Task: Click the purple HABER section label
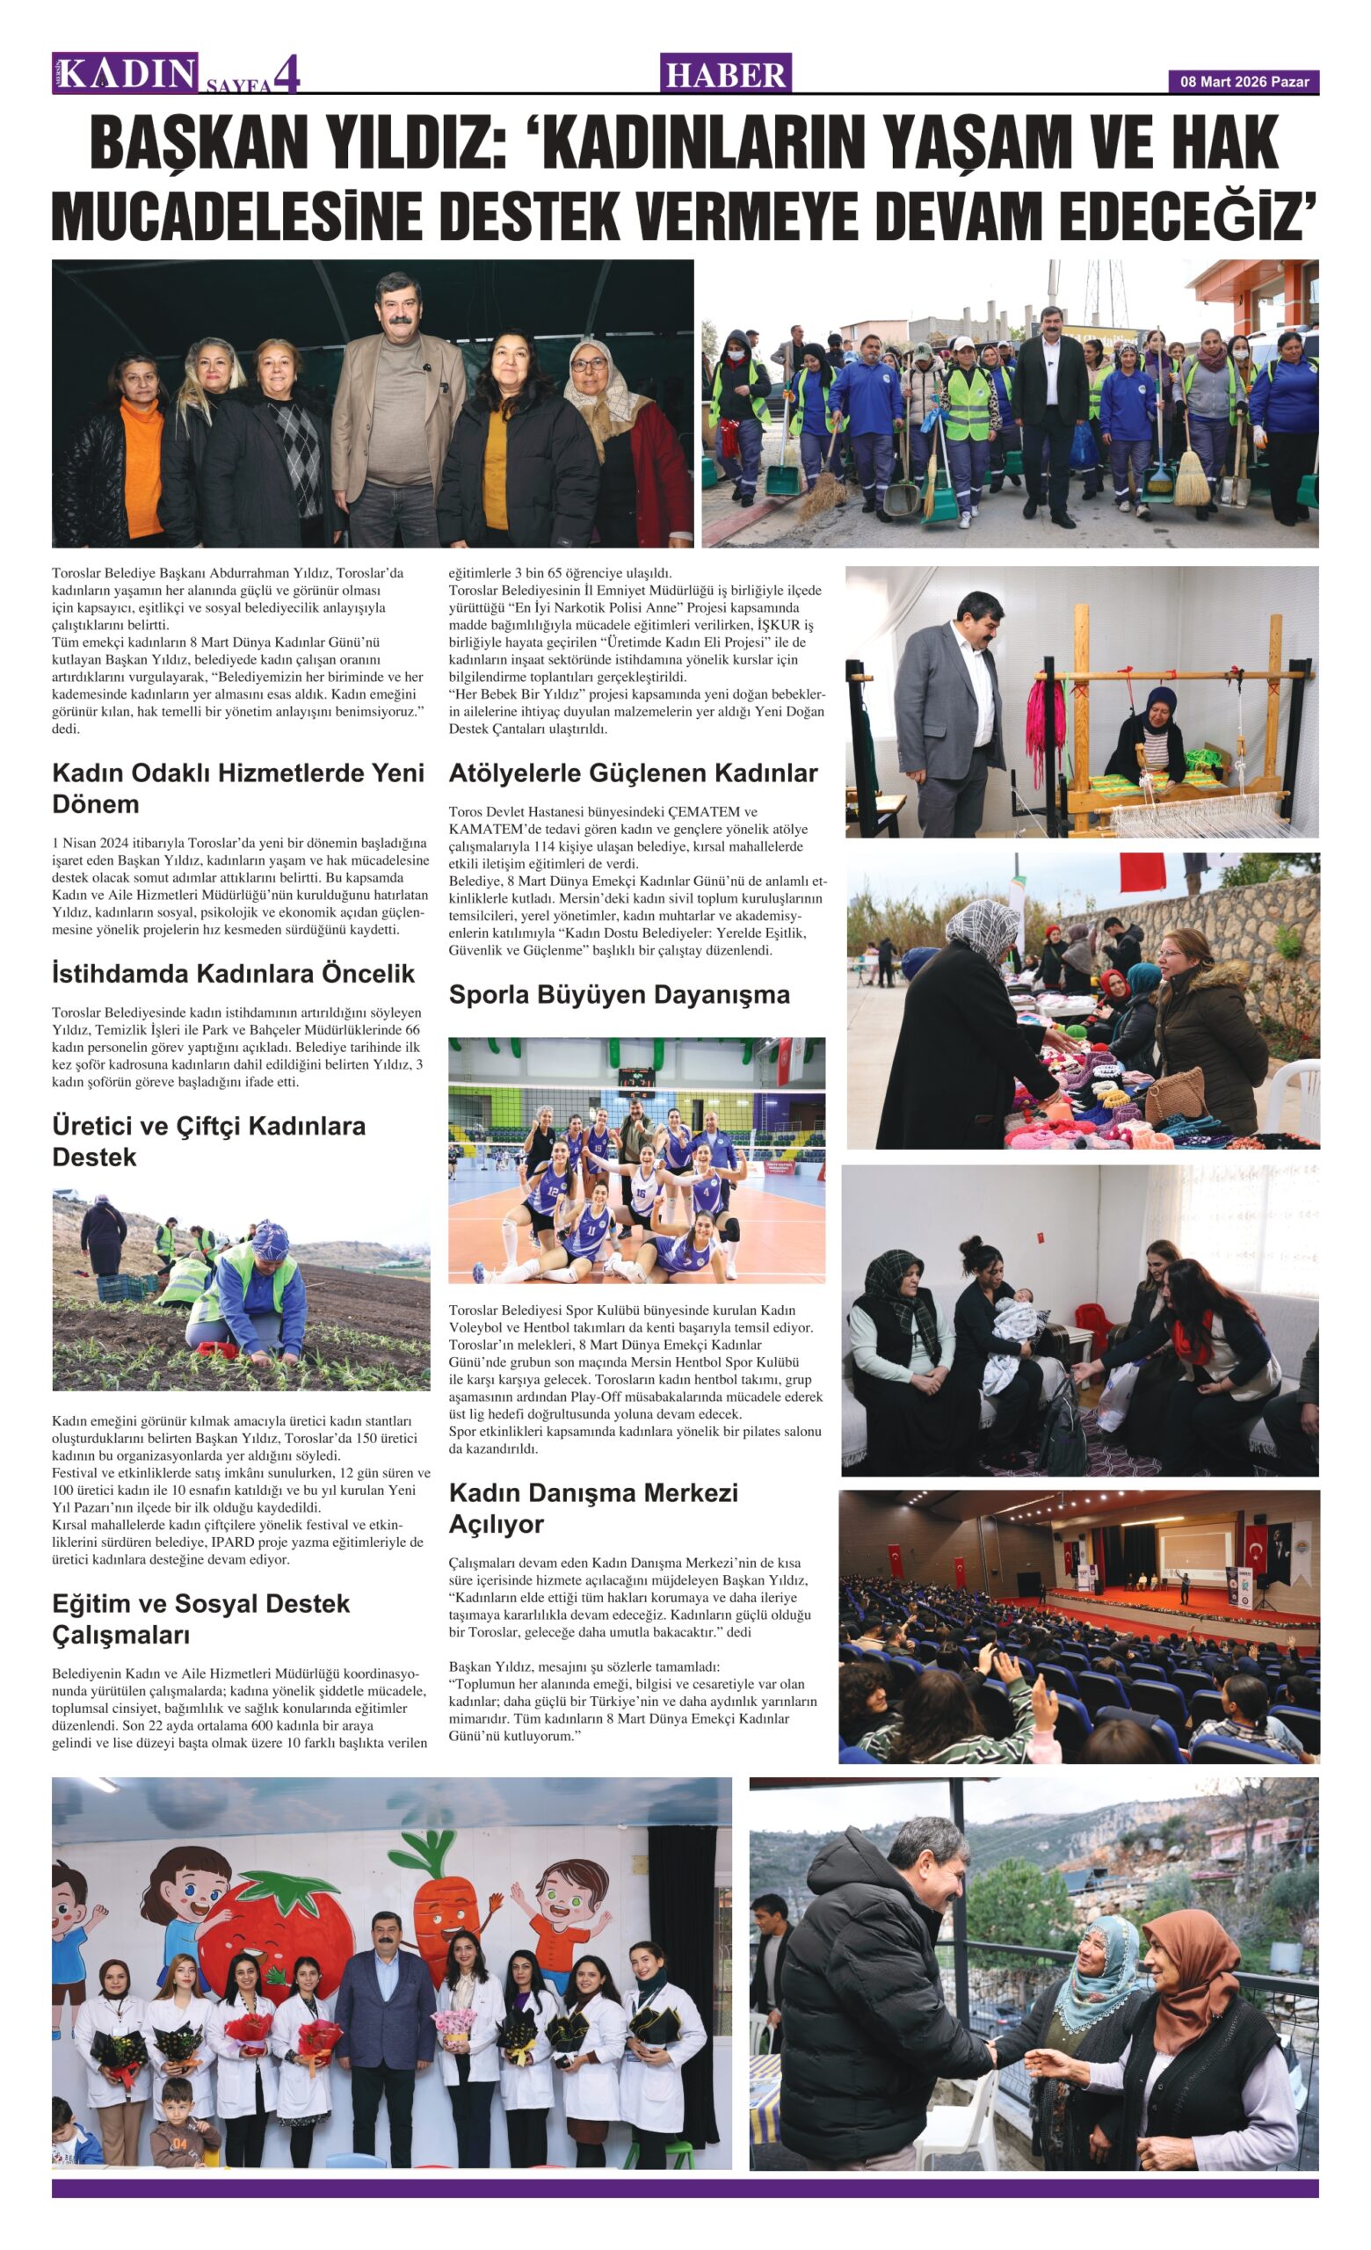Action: (726, 74)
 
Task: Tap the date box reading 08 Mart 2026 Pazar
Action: (1244, 83)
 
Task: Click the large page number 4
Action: (287, 75)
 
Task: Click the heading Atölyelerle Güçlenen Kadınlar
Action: (633, 773)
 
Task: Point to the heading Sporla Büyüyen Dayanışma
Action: (619, 994)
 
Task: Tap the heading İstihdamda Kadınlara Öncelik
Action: (233, 974)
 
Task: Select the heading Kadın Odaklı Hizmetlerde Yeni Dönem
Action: (237, 788)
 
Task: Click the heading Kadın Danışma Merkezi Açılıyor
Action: (593, 1507)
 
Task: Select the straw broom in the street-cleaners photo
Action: (1190, 473)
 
